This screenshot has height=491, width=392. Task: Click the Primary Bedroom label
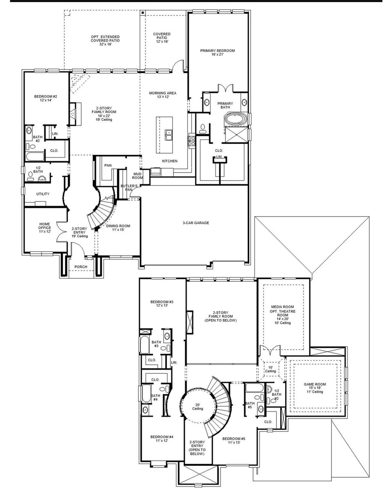click(217, 51)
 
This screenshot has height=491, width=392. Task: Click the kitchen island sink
click(169, 134)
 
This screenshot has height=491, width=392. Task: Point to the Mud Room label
click(138, 176)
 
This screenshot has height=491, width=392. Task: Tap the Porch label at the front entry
click(81, 267)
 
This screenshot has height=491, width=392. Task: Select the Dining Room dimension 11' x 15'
click(118, 230)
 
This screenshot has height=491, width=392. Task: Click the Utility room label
click(43, 194)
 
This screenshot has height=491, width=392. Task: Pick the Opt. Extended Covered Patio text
click(105, 39)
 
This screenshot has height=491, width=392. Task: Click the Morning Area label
click(163, 93)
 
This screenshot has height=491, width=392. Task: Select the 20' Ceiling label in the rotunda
click(198, 406)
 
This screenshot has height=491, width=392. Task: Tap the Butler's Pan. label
click(126, 187)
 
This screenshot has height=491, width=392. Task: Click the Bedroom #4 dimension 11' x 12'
click(162, 440)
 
